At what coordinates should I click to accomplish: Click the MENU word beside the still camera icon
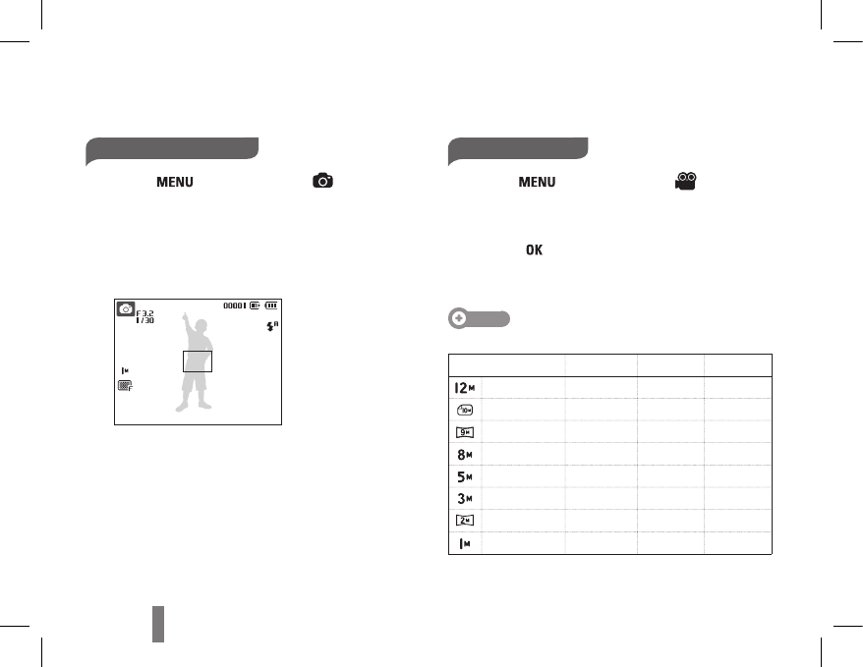tap(175, 182)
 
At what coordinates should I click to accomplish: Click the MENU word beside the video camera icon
tap(537, 182)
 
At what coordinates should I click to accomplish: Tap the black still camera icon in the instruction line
tap(322, 181)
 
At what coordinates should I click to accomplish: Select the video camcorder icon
tap(686, 181)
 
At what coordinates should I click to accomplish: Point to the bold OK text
tap(534, 250)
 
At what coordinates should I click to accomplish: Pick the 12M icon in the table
tap(465, 388)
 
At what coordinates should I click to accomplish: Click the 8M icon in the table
tap(465, 455)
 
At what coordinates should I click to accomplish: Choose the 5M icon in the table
tap(465, 476)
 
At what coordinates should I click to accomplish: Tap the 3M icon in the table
tap(465, 499)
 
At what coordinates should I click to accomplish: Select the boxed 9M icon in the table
tap(465, 433)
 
